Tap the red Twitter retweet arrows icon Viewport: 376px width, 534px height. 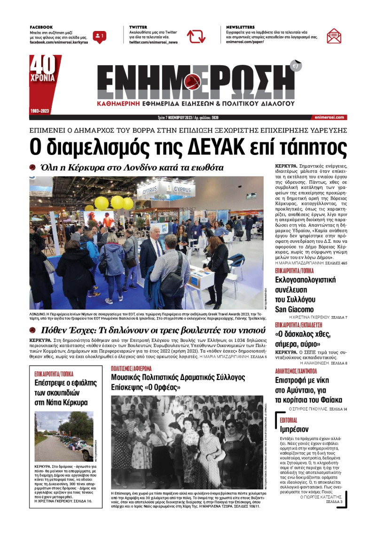click(x=196, y=36)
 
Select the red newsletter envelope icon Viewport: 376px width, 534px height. click(x=334, y=36)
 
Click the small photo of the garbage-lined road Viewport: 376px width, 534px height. click(x=63, y=436)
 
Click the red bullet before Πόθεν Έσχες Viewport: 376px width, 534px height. click(x=32, y=330)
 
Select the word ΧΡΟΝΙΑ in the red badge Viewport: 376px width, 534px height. click(x=43, y=78)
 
